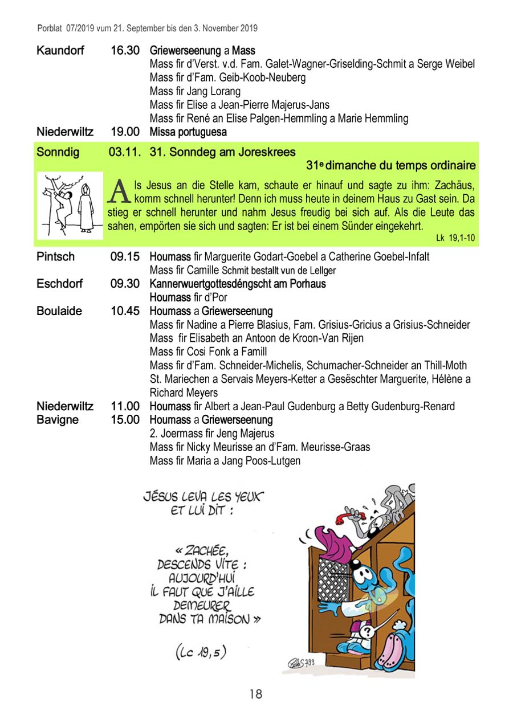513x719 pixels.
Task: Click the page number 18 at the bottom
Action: click(x=256, y=694)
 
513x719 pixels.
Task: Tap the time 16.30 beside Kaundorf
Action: click(x=125, y=51)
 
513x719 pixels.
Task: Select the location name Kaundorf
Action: click(x=60, y=51)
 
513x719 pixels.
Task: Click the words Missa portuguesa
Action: click(x=188, y=132)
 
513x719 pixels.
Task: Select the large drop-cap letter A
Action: click(x=118, y=191)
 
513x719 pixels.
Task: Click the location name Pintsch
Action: click(x=55, y=256)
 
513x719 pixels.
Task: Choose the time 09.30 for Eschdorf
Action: click(x=125, y=284)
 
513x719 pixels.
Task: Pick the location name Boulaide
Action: click(x=59, y=311)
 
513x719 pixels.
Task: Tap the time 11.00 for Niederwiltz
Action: click(x=125, y=406)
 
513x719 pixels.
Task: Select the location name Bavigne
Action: click(x=58, y=420)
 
